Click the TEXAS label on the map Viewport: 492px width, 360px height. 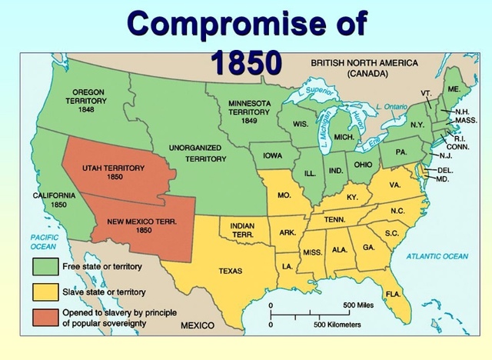(x=230, y=271)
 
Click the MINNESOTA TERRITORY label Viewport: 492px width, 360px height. (x=249, y=112)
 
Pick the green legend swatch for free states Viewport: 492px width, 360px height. (x=42, y=268)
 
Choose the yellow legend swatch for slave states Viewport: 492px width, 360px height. (x=42, y=292)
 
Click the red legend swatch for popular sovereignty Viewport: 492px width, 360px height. (x=42, y=317)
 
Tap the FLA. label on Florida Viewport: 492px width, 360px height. (x=392, y=294)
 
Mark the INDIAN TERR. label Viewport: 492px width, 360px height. (x=243, y=229)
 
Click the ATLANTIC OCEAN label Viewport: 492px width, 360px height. (x=437, y=255)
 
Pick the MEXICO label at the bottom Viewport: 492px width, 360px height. (x=197, y=325)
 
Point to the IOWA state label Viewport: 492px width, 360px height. (x=272, y=155)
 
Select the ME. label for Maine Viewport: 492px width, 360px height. (x=454, y=90)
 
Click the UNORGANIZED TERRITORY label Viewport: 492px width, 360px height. (x=195, y=152)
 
